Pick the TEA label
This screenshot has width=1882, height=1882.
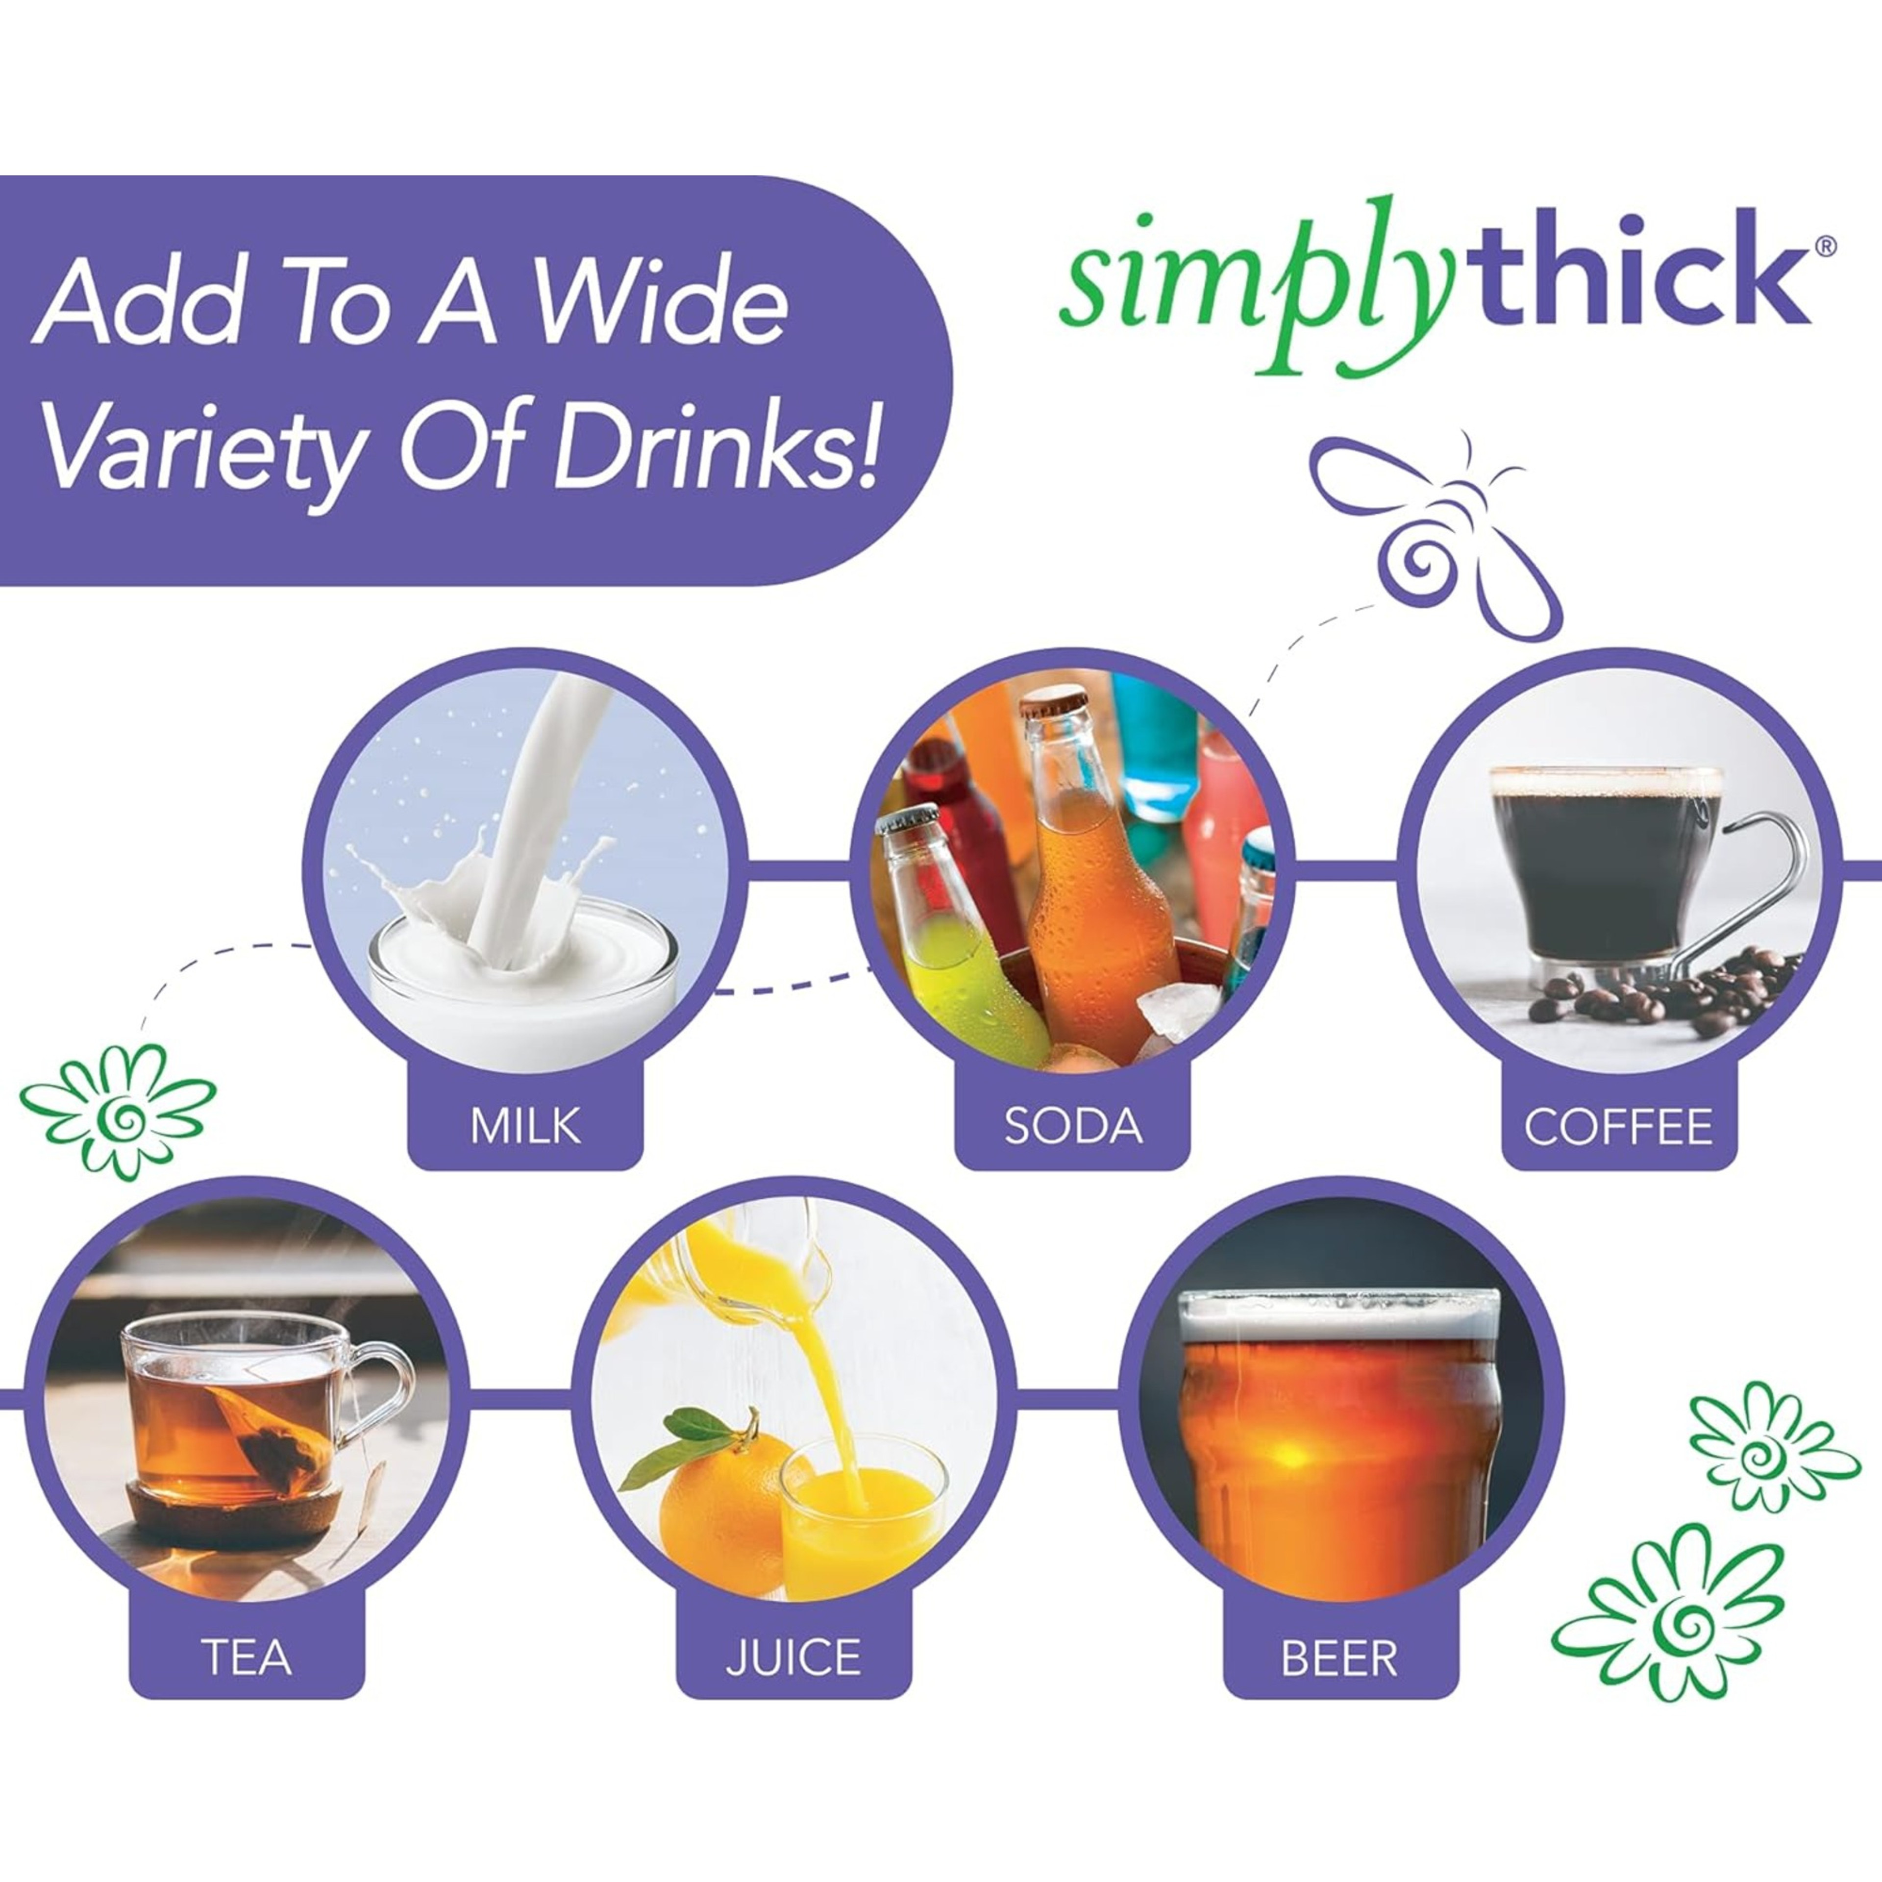[x=247, y=1657]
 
